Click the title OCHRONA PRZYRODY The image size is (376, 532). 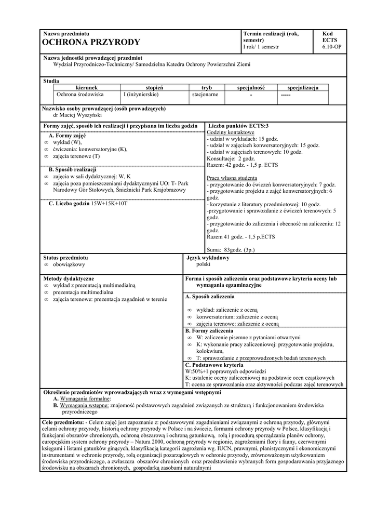tap(91, 42)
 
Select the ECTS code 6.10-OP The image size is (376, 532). tap(332, 47)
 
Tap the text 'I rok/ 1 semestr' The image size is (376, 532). tap(261, 47)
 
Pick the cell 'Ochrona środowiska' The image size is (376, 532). tap(80, 95)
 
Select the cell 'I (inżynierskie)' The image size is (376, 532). tap(141, 95)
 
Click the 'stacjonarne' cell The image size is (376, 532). tap(205, 95)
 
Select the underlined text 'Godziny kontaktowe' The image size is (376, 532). tap(230, 132)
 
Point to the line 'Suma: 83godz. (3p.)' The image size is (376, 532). tap(231, 249)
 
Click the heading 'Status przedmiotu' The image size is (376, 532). tap(65, 258)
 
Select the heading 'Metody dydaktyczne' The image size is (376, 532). tap(69, 279)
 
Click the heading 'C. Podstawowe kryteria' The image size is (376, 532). tap(215, 365)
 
